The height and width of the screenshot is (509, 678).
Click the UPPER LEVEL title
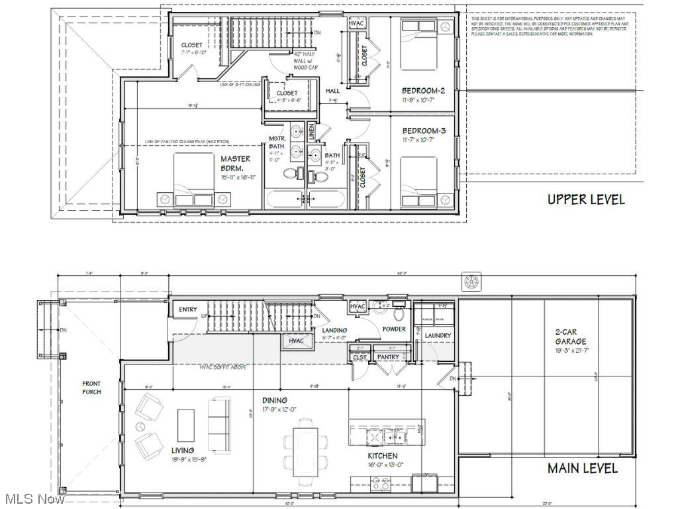tap(585, 199)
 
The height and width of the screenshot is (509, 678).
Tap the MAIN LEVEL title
tap(582, 468)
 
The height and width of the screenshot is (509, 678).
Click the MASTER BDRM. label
tap(236, 164)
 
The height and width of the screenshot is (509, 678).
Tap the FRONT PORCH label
tap(91, 388)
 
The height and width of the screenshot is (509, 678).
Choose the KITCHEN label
tap(383, 456)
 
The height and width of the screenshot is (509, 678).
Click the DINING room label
tap(274, 400)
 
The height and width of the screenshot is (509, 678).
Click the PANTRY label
tap(388, 357)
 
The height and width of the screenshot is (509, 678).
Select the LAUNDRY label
tap(438, 335)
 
